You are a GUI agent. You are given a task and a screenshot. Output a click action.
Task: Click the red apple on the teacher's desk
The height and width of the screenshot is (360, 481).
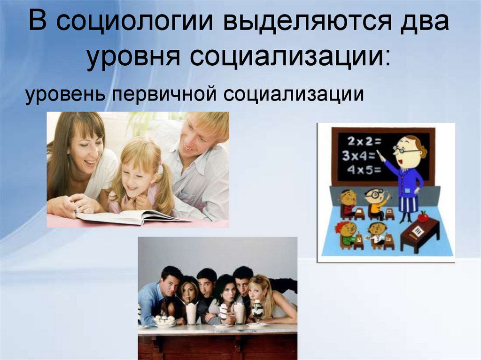click(423, 216)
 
